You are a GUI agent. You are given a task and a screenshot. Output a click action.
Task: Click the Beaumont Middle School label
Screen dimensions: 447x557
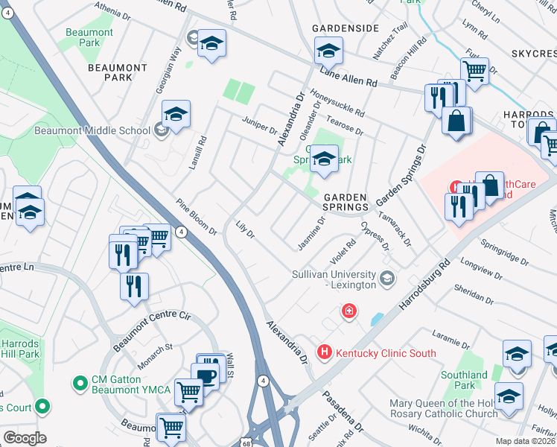[92, 130]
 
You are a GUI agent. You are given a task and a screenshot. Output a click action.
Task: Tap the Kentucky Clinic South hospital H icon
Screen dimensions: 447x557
[324, 352]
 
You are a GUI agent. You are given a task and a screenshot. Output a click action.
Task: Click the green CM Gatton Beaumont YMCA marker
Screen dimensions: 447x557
[80, 384]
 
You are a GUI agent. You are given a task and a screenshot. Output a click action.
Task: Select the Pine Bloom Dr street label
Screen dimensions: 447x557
[197, 217]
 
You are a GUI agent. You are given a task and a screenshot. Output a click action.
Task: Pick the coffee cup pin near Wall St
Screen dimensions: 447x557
[204, 375]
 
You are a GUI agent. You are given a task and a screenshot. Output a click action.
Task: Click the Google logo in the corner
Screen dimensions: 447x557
[25, 438]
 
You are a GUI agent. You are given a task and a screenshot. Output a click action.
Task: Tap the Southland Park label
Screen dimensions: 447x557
[464, 380]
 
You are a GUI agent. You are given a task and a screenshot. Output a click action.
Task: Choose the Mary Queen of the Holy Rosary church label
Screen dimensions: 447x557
[443, 408]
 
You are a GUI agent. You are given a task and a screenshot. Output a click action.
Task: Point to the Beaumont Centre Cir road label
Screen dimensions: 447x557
[153, 332]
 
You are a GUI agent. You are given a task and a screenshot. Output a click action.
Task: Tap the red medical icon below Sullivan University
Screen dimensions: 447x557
[348, 311]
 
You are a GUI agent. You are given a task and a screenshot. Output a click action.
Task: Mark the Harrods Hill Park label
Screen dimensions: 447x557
[19, 349]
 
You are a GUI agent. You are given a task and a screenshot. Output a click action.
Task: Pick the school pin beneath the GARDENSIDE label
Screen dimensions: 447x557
[328, 51]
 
